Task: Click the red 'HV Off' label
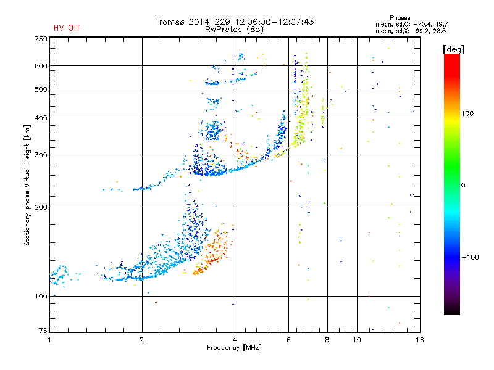67,28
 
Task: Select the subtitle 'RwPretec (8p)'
235,29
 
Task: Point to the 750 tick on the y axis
41,39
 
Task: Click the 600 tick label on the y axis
41,66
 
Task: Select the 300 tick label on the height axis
41,155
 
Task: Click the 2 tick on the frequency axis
142,340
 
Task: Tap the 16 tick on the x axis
419,340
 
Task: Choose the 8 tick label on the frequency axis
327,340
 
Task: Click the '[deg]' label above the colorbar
454,49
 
